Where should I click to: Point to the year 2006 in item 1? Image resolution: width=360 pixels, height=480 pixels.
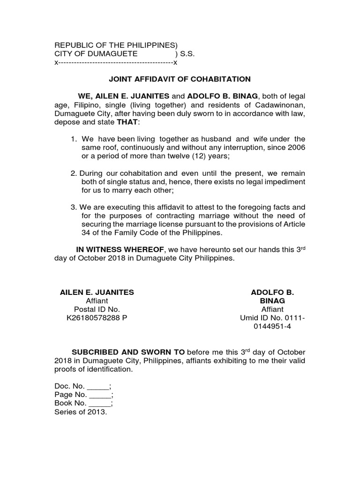pyautogui.click(x=296, y=148)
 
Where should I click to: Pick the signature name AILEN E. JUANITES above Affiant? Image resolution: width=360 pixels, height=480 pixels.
pyautogui.click(x=97, y=292)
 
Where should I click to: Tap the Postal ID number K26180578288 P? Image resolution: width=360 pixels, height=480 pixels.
pyautogui.click(x=97, y=318)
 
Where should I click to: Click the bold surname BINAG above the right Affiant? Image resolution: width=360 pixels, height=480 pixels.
pyautogui.click(x=272, y=301)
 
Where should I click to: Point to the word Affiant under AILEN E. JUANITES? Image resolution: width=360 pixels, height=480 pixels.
pyautogui.click(x=97, y=301)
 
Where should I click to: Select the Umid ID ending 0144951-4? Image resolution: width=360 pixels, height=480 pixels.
pyautogui.click(x=272, y=327)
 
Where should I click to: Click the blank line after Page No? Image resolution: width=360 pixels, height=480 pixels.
pyautogui.click(x=101, y=396)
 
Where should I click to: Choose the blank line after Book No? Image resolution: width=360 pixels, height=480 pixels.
pyautogui.click(x=101, y=404)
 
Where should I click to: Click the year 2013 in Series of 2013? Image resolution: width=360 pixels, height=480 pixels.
pyautogui.click(x=97, y=412)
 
